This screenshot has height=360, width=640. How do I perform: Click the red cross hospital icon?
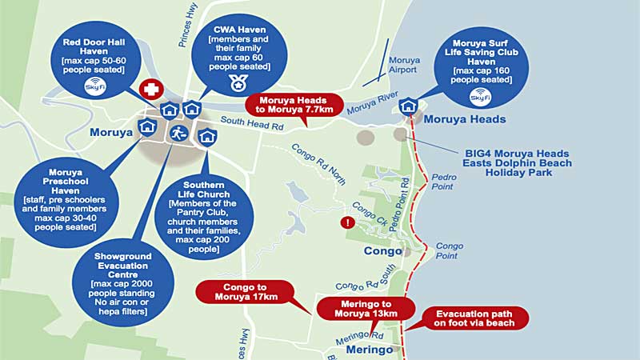click(x=149, y=89)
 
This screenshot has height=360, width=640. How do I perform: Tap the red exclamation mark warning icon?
click(x=346, y=222)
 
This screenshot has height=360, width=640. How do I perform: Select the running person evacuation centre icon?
click(x=178, y=133)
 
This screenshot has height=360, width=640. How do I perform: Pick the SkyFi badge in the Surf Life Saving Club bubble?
click(x=480, y=97)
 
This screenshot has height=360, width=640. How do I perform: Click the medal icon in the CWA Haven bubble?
click(x=237, y=82)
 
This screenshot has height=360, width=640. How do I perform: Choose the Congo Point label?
click(x=449, y=250)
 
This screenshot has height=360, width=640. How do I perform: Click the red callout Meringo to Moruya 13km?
click(x=366, y=309)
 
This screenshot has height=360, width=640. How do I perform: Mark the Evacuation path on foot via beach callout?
click(x=475, y=318)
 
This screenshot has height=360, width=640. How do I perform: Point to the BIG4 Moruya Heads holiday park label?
click(x=517, y=162)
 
